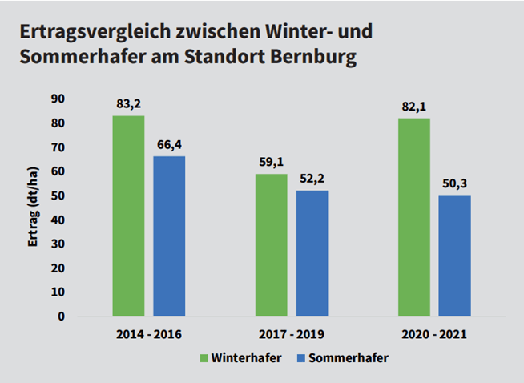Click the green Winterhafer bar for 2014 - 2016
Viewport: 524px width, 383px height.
[x=128, y=216]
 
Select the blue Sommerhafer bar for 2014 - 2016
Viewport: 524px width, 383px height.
[x=169, y=236]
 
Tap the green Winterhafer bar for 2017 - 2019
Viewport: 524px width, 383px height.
[x=271, y=245]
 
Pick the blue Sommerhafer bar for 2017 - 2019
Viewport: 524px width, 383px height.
[x=312, y=253]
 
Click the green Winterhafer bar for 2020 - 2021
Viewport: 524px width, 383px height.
[x=413, y=217]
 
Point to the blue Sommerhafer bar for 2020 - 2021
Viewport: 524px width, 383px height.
[x=454, y=256]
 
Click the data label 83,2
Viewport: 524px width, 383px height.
[x=128, y=104]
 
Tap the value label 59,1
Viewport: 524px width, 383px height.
[x=271, y=162]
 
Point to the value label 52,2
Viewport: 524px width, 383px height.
[x=312, y=179]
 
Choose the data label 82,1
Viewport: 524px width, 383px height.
[x=413, y=107]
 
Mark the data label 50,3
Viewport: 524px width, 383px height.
[x=454, y=183]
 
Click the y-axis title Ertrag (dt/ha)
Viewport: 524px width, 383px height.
[x=34, y=208]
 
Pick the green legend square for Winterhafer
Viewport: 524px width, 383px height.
[x=204, y=358]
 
